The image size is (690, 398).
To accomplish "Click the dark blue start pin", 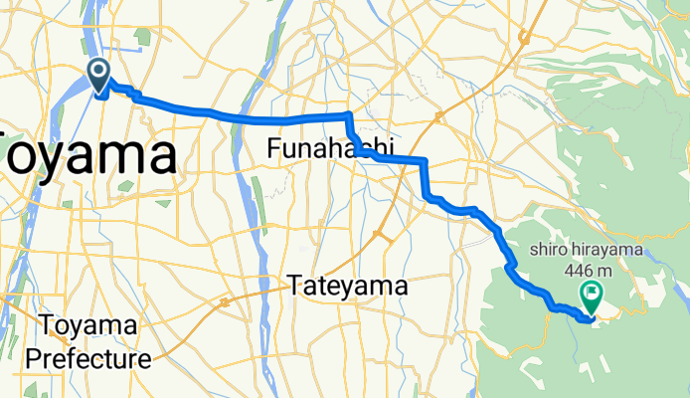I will click(100, 71).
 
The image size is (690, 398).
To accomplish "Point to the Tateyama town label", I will click(349, 287).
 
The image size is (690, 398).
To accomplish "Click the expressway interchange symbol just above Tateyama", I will click(379, 235).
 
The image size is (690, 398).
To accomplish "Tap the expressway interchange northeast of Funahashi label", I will click(437, 119).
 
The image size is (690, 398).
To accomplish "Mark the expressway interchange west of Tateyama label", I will click(227, 299).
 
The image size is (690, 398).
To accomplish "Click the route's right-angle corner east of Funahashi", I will click(426, 160).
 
